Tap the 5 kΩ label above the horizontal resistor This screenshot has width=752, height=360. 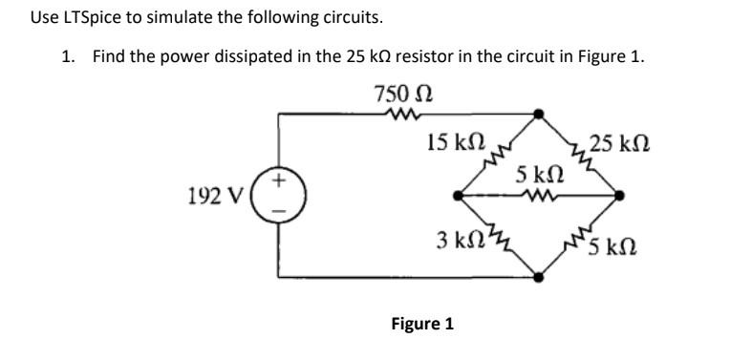pos(538,176)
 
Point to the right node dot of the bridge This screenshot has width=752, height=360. pos(621,196)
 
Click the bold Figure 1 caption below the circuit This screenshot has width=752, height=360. pos(421,324)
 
